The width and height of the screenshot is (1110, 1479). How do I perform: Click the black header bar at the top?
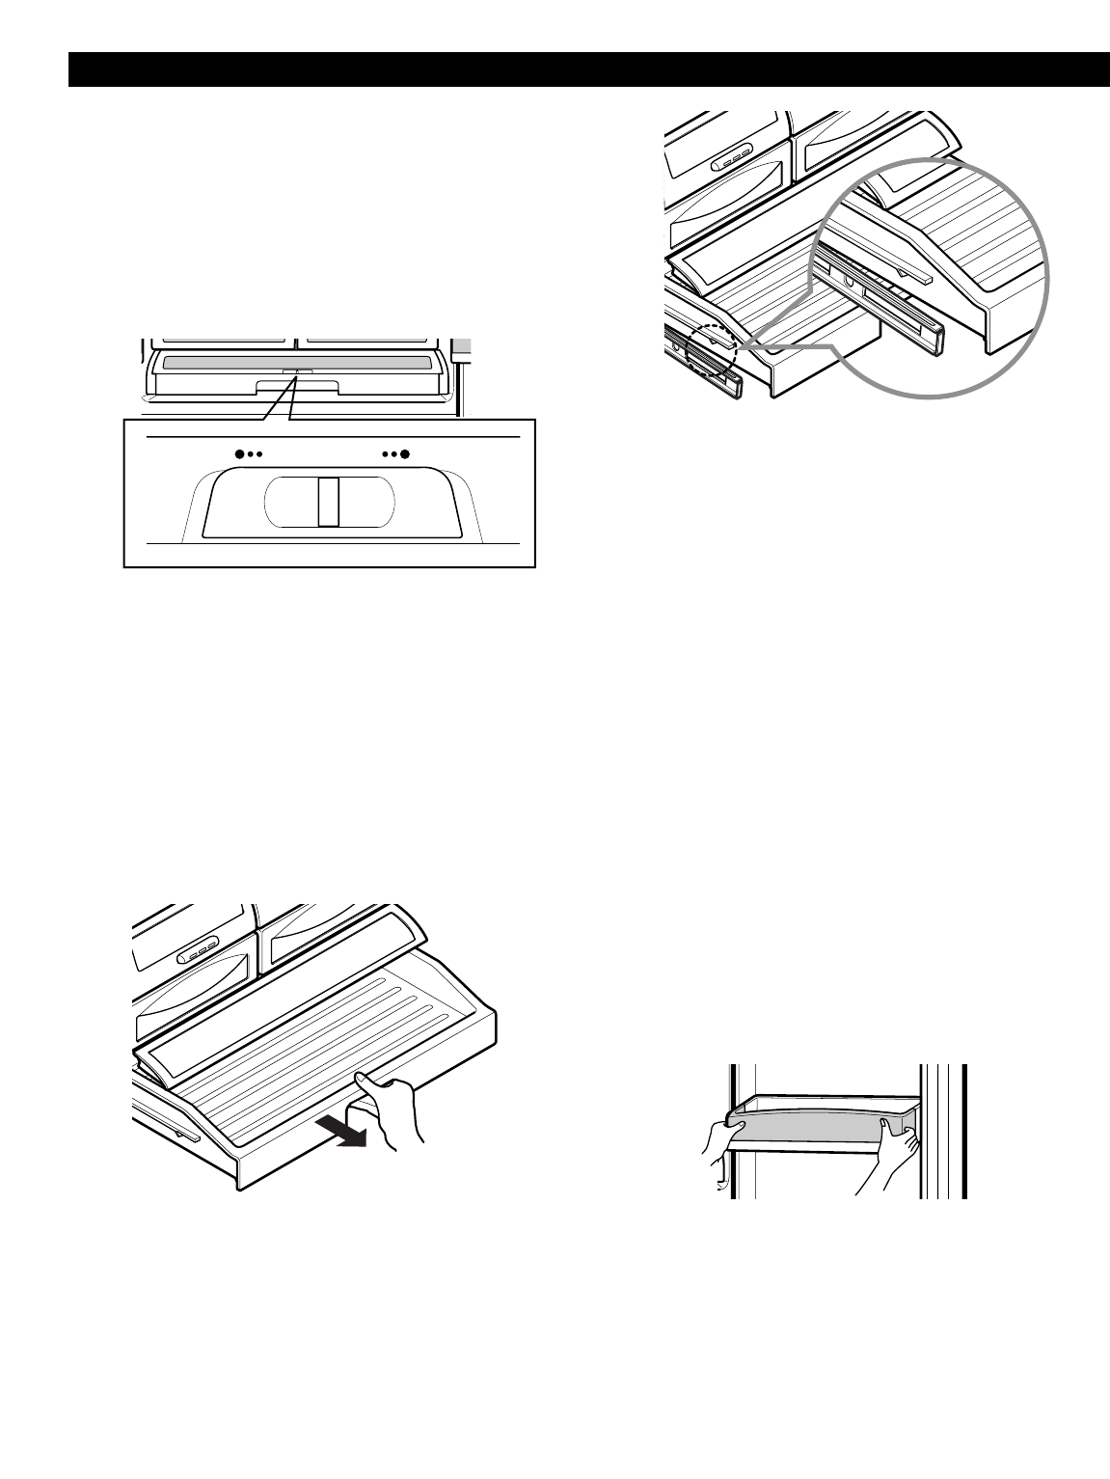click(588, 69)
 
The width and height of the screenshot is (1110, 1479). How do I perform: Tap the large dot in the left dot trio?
click(239, 452)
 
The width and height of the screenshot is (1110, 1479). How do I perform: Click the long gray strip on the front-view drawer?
click(296, 363)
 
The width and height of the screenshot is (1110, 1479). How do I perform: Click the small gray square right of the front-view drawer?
click(464, 344)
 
